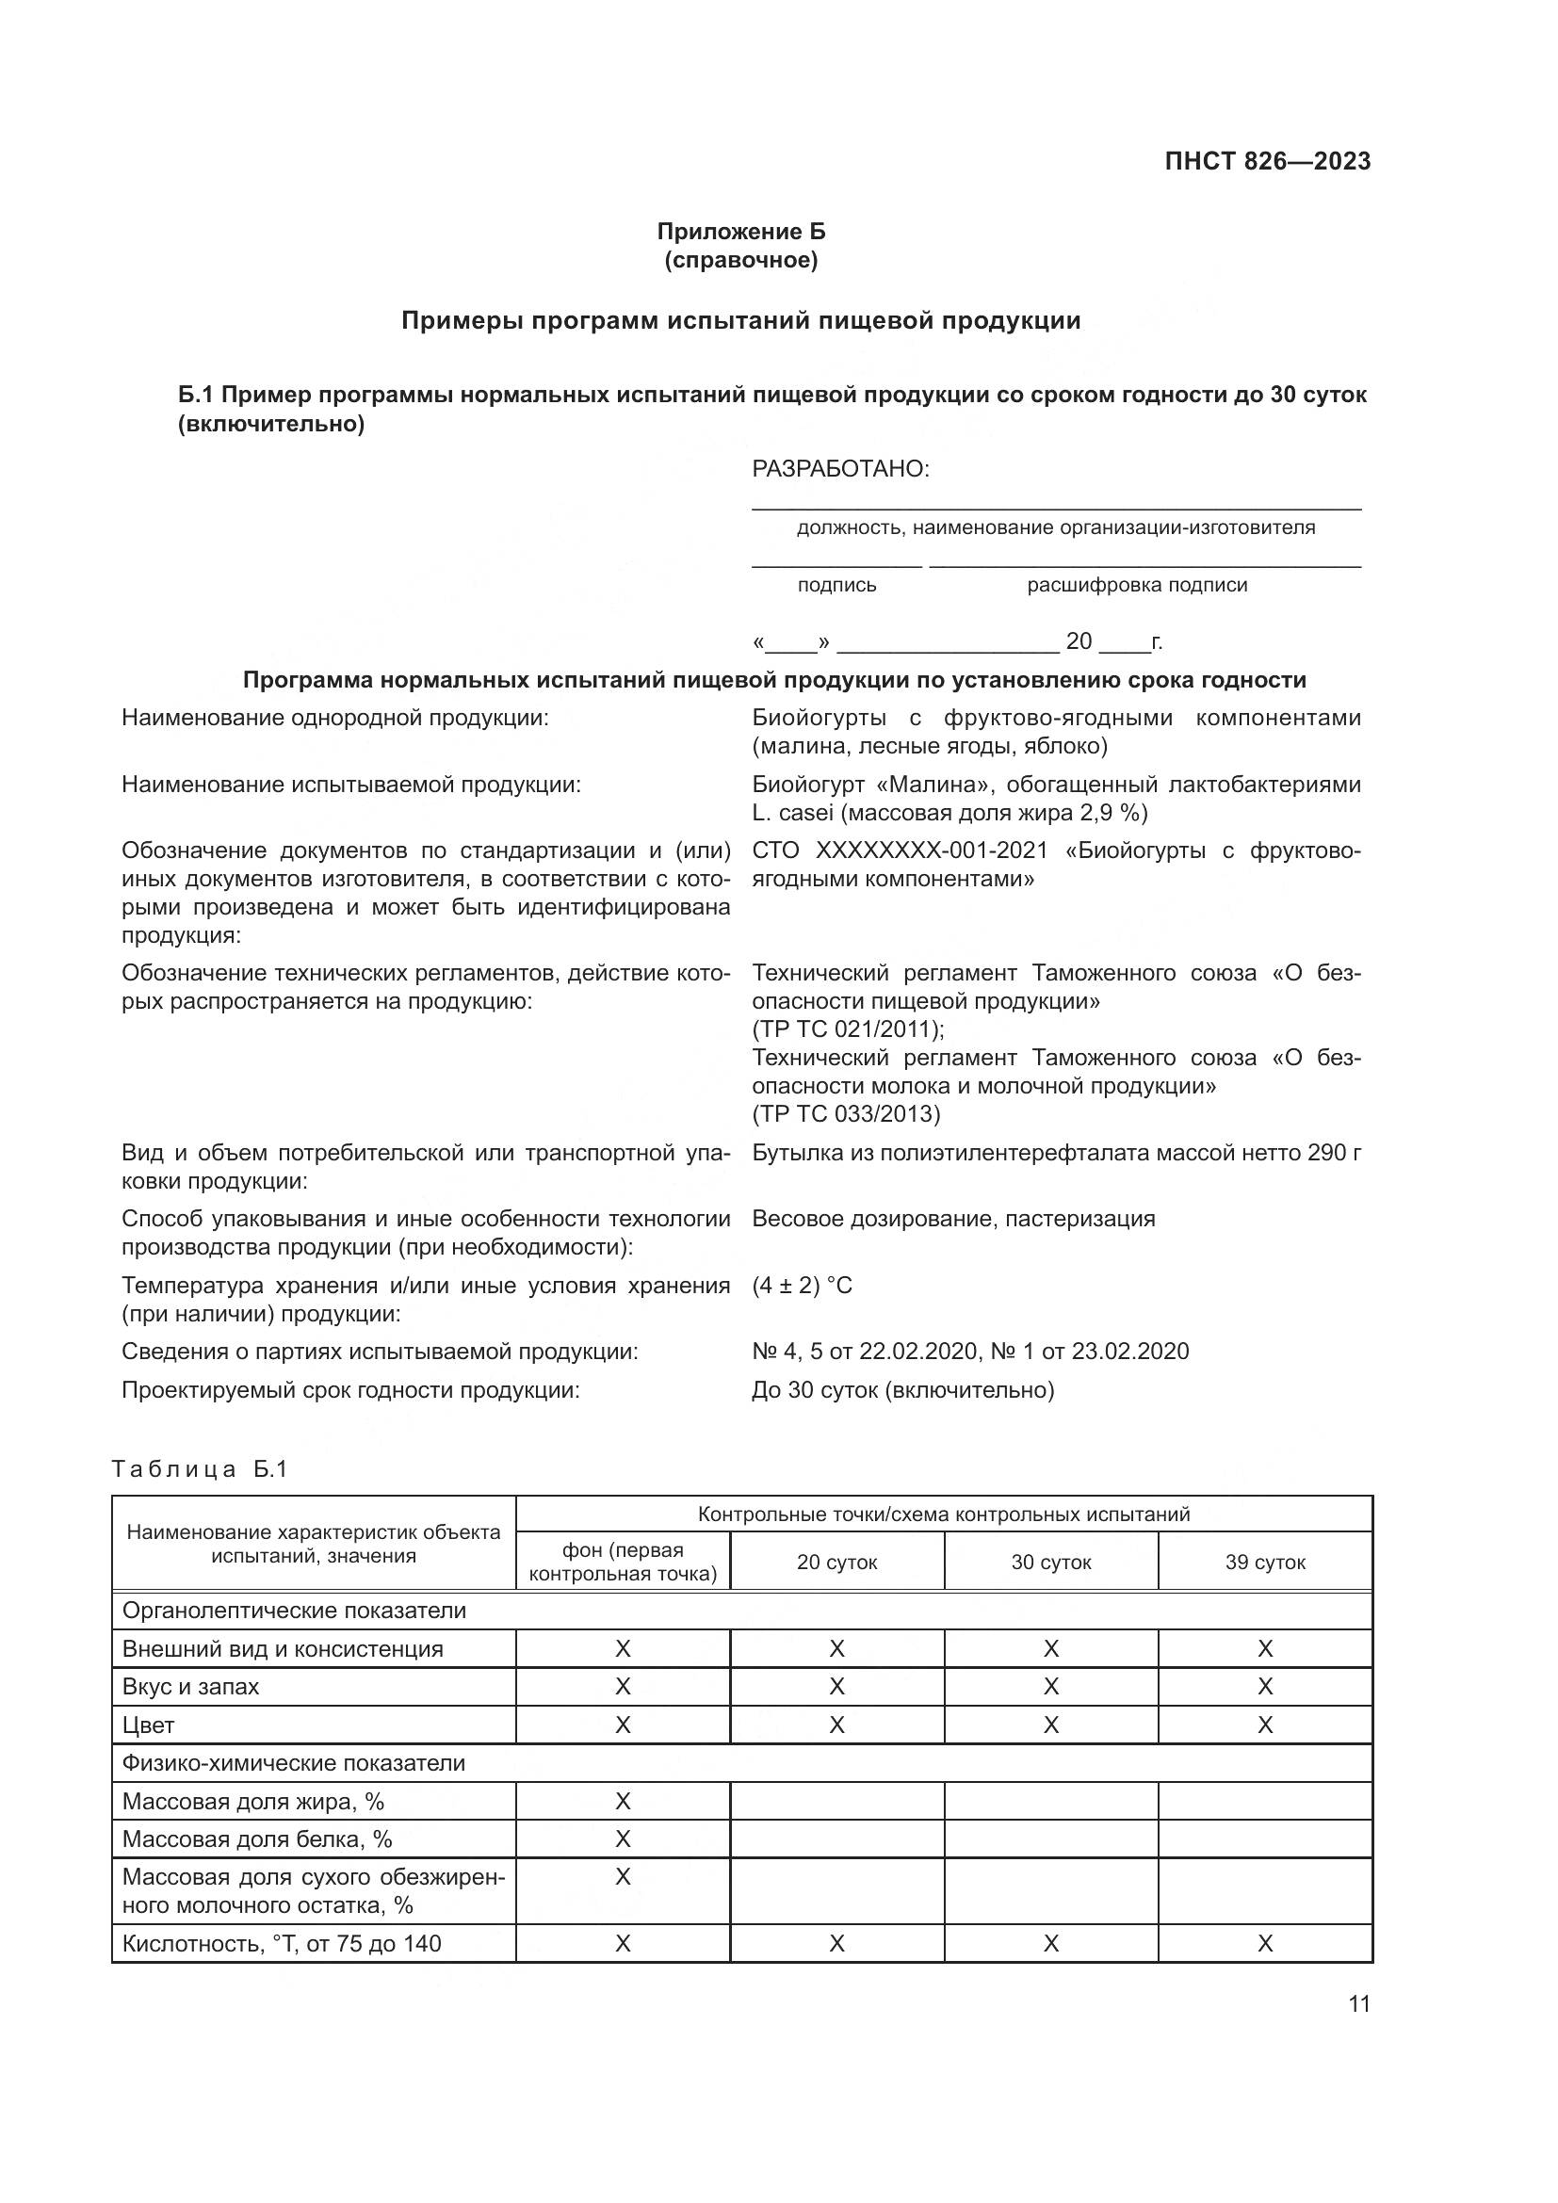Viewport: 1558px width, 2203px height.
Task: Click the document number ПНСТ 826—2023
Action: click(x=1266, y=161)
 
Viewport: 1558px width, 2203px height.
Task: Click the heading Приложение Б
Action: click(x=740, y=232)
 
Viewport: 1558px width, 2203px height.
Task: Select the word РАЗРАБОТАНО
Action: click(x=840, y=469)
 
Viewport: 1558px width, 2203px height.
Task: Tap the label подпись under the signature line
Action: click(x=836, y=585)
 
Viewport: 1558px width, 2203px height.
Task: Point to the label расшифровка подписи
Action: click(x=1137, y=585)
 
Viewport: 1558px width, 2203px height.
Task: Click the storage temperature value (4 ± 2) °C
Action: click(x=802, y=1285)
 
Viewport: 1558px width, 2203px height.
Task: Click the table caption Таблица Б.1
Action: click(x=200, y=1469)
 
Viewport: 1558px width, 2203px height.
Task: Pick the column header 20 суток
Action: click(x=836, y=1562)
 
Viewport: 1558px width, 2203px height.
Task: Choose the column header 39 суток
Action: click(x=1264, y=1562)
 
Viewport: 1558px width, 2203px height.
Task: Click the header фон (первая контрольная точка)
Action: click(x=623, y=1562)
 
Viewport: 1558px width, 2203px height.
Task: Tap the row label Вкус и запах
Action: click(x=191, y=1686)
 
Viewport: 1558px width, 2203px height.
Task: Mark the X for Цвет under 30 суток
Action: click(x=1050, y=1725)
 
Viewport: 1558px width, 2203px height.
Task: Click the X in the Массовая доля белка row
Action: click(x=623, y=1839)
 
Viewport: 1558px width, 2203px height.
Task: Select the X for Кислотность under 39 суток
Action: click(x=1264, y=1943)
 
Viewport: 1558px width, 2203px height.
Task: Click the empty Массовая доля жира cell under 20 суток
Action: click(x=836, y=1801)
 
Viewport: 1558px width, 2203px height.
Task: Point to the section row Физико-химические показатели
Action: click(x=294, y=1762)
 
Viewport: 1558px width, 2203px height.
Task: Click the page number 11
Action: click(x=1358, y=2004)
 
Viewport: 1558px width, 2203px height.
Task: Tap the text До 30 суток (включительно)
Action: click(x=902, y=1389)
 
